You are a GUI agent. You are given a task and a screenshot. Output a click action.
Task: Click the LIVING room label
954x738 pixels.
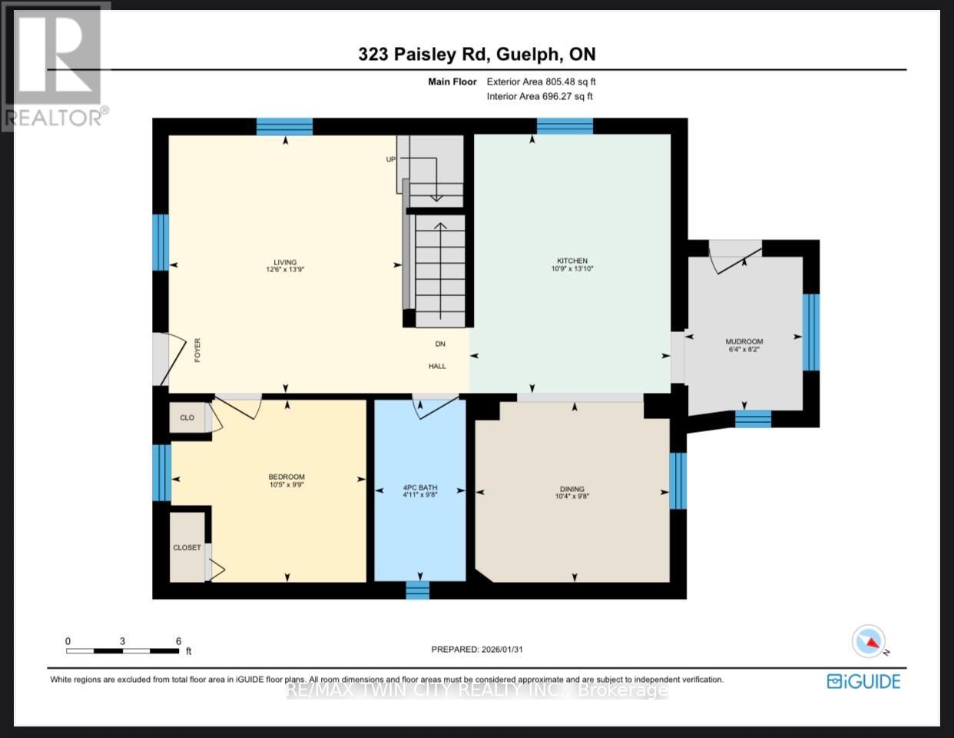(285, 262)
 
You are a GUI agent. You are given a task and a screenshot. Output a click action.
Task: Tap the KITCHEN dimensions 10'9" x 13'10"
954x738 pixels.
(572, 269)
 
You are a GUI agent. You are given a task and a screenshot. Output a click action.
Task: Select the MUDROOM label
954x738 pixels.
(744, 341)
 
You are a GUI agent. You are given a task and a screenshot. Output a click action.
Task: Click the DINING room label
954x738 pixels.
(571, 489)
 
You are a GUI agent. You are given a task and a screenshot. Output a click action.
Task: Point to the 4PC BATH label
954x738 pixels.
(419, 487)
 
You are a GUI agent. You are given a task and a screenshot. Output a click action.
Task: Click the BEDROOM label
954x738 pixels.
(287, 477)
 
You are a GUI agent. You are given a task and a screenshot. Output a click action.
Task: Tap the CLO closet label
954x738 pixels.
(187, 417)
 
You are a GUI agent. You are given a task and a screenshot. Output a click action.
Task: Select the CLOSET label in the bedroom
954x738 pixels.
(187, 547)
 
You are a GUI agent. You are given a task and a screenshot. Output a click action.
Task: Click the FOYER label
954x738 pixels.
(197, 350)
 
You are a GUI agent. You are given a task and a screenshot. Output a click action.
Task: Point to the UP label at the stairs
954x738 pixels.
(390, 159)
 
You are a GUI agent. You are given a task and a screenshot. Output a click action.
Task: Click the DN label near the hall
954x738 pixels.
(440, 344)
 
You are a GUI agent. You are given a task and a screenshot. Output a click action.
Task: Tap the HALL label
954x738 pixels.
(437, 366)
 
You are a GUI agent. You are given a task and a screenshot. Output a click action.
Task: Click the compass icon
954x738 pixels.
(870, 641)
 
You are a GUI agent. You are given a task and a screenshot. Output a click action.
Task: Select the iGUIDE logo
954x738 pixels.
(863, 681)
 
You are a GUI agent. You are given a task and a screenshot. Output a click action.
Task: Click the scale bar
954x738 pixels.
(123, 651)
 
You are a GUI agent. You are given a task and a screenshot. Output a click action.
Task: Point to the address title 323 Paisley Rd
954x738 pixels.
(476, 54)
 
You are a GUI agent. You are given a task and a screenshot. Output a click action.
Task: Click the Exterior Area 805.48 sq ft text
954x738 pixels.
(541, 81)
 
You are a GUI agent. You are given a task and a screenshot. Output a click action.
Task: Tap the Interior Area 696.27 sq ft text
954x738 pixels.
(539, 96)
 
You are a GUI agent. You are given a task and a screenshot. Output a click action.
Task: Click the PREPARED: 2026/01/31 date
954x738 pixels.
(477, 649)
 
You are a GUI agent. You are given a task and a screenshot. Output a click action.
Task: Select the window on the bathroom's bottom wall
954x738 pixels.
(417, 590)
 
